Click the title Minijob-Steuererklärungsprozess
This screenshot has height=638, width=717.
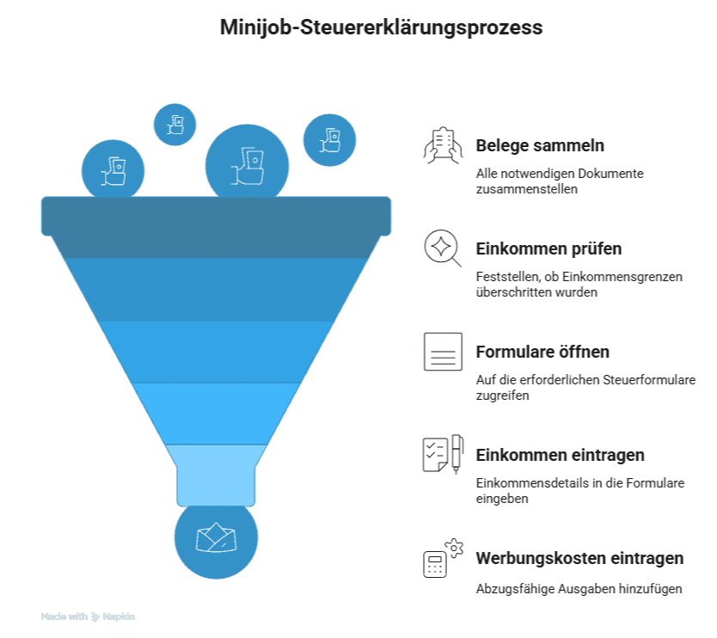[x=381, y=28]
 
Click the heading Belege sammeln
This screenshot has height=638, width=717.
[x=540, y=145]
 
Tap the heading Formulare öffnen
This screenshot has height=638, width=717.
[x=542, y=352]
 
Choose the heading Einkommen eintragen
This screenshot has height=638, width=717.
[x=560, y=455]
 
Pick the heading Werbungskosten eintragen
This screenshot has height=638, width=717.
[x=579, y=558]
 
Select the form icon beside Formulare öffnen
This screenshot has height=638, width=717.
[x=443, y=352]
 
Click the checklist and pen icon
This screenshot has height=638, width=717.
[x=443, y=454]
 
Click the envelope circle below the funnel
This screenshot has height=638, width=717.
[x=216, y=539]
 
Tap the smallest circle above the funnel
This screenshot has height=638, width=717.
[x=175, y=124]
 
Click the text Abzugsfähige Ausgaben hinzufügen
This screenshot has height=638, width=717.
[x=579, y=589]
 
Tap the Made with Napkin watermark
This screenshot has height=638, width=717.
[x=88, y=617]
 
